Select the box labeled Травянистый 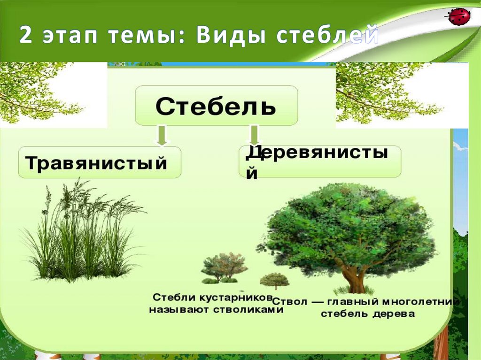coord(99,162)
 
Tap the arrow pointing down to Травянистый coord(161,135)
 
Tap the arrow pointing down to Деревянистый coord(254,135)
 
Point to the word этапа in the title coord(72,37)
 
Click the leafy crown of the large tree coord(352,225)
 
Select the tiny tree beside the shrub coord(274,280)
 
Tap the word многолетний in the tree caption coord(421,302)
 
